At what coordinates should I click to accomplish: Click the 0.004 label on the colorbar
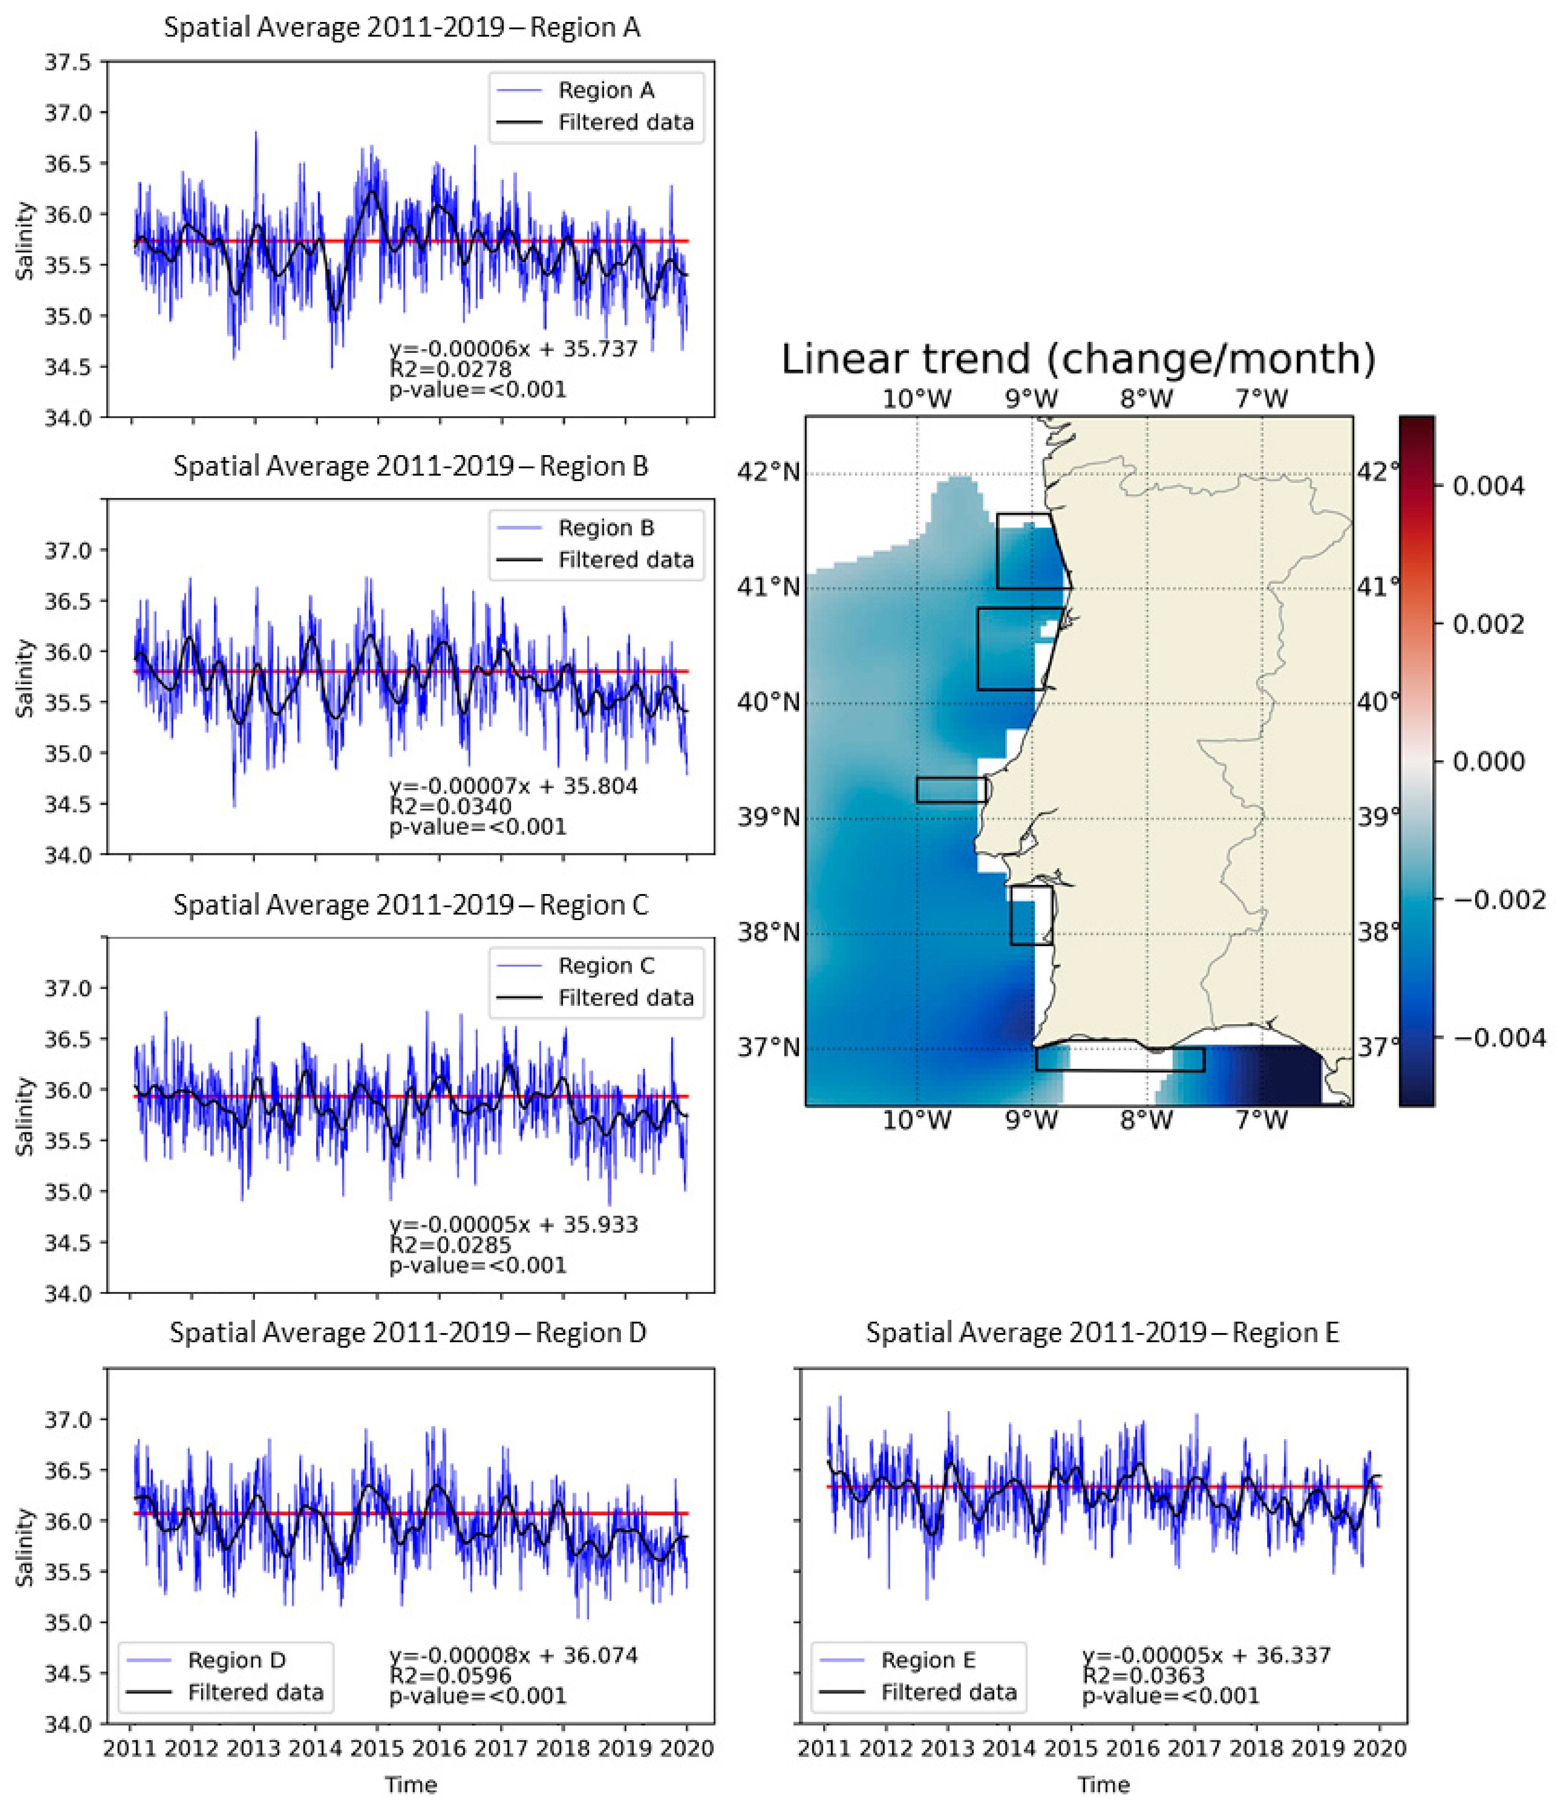pyautogui.click(x=1488, y=485)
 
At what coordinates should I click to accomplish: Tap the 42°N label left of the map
pyautogui.click(x=767, y=472)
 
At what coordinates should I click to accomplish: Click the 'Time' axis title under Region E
pyautogui.click(x=1103, y=1785)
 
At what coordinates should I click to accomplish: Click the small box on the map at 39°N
pyautogui.click(x=951, y=789)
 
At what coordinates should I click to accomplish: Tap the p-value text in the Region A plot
pyautogui.click(x=477, y=390)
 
